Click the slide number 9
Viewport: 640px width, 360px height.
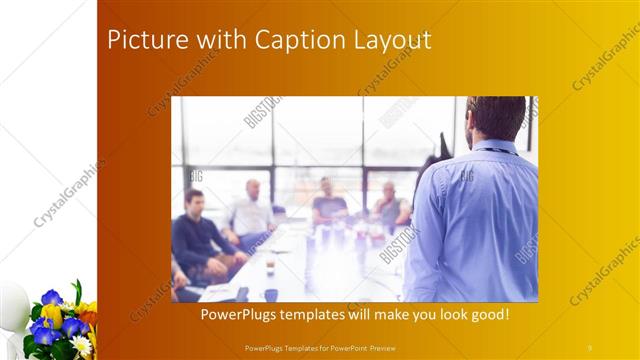click(x=589, y=347)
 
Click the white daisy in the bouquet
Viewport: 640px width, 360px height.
click(x=81, y=345)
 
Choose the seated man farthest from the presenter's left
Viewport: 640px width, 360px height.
click(x=390, y=205)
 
